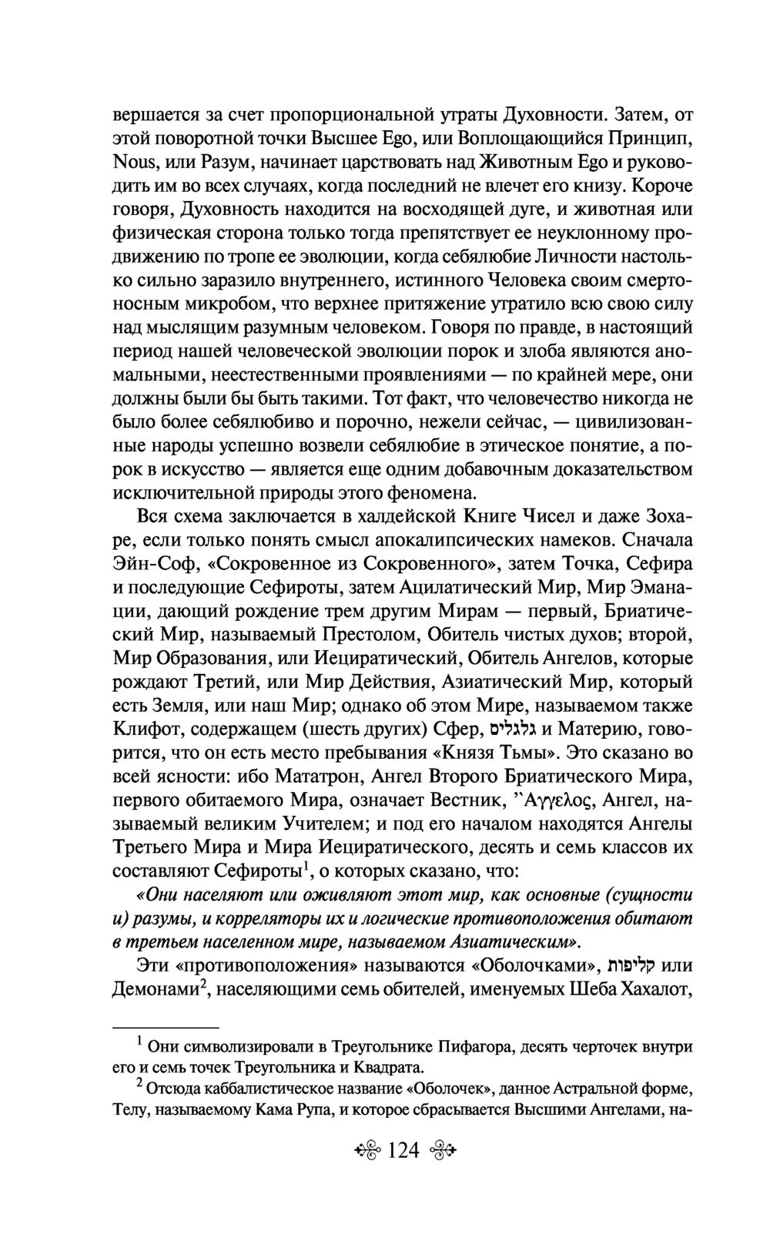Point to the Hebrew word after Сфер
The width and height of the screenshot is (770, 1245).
pyautogui.click(x=513, y=728)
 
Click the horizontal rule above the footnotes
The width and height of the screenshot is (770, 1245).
pyautogui.click(x=166, y=1027)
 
